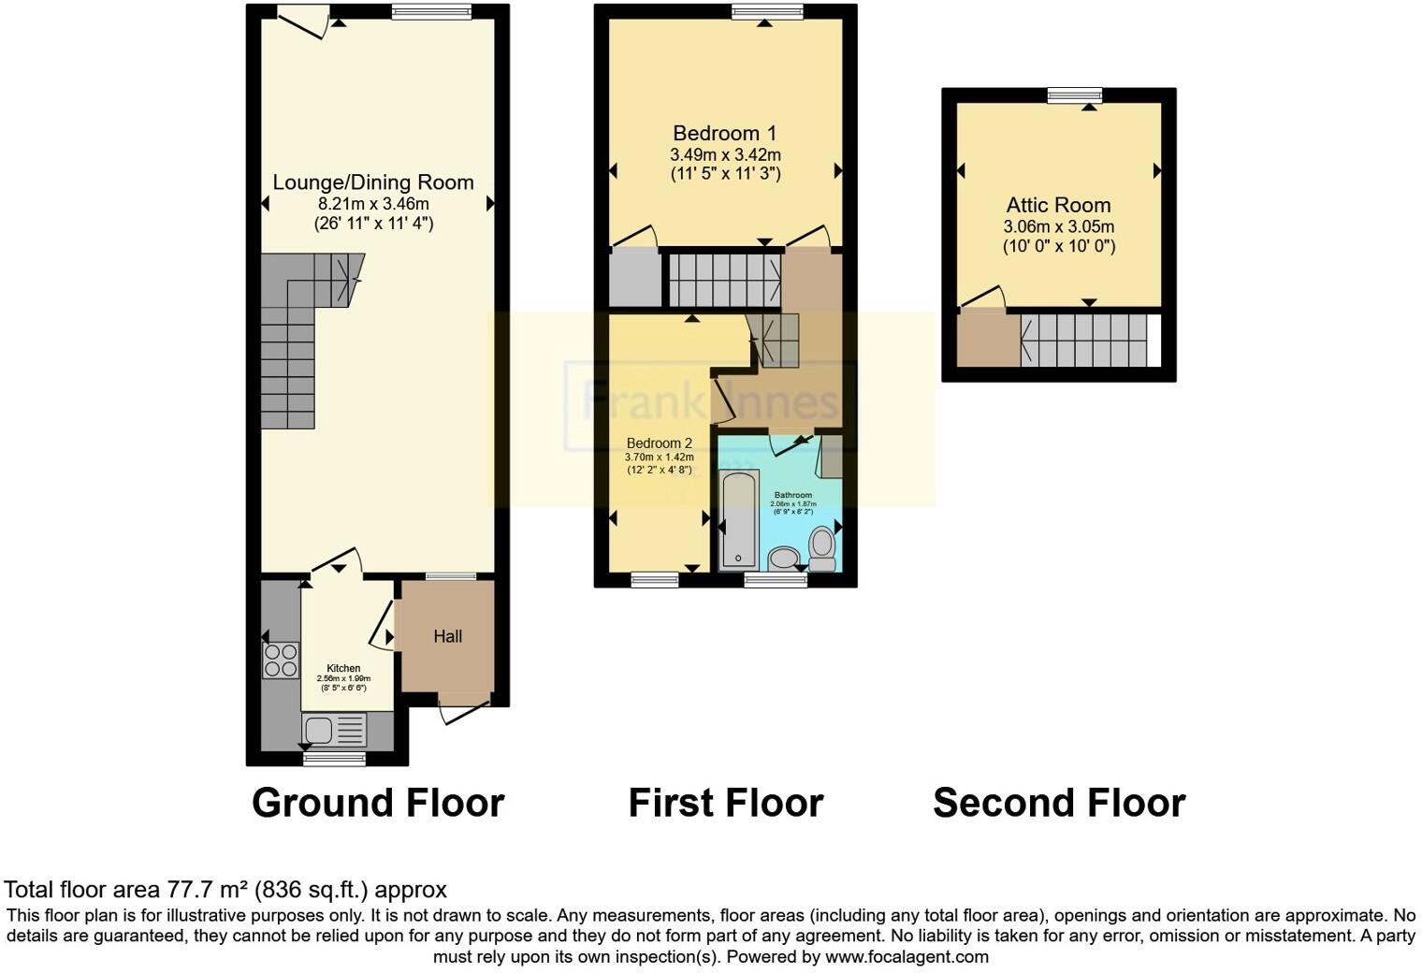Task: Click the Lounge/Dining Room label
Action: [x=373, y=182]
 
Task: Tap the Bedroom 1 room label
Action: [x=725, y=133]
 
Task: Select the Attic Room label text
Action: [x=1058, y=205]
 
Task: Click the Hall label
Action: [x=447, y=636]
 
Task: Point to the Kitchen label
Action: [x=343, y=668]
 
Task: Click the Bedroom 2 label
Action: [x=659, y=443]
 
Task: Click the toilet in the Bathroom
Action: [x=822, y=549]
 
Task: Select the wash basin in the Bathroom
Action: [x=783, y=559]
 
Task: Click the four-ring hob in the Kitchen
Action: [x=281, y=661]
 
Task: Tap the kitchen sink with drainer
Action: [x=334, y=730]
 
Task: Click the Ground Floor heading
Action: [x=378, y=803]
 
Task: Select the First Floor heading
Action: [x=725, y=803]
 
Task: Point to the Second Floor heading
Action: [x=1059, y=803]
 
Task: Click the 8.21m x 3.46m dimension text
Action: [x=373, y=204]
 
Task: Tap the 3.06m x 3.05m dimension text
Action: [x=1058, y=226]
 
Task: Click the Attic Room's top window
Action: [x=1074, y=94]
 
